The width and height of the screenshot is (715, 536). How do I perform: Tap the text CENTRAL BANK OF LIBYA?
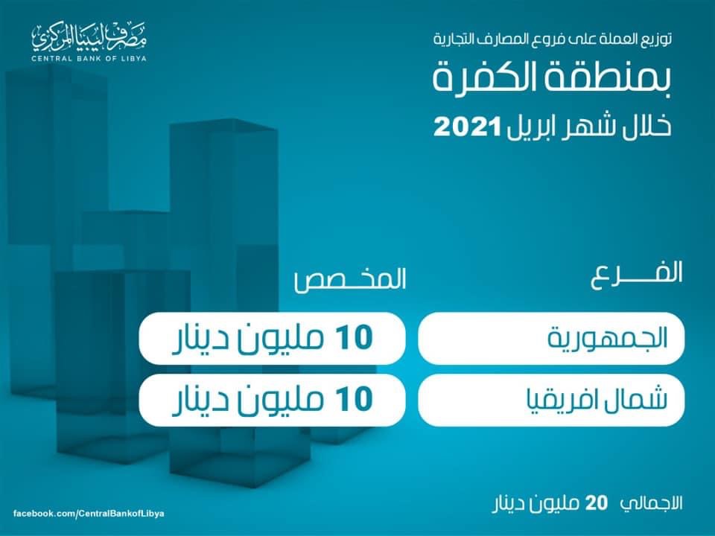pos(89,58)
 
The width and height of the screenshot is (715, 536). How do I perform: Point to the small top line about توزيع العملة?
pos(552,39)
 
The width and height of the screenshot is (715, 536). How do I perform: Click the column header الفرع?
pos(637,273)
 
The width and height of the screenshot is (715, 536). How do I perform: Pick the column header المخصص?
pos(350,278)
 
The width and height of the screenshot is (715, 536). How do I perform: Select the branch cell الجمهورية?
pos(551,338)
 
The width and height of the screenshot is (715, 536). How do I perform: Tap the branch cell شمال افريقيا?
pos(551,401)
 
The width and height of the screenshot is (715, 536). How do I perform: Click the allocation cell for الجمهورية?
pos(273,338)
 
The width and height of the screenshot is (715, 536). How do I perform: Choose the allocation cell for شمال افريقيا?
pos(273,401)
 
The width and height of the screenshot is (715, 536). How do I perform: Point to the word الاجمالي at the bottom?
pos(652,503)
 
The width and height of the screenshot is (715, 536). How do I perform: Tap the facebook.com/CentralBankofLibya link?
pos(89,514)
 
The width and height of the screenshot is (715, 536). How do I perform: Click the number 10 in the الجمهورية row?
pos(355,338)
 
